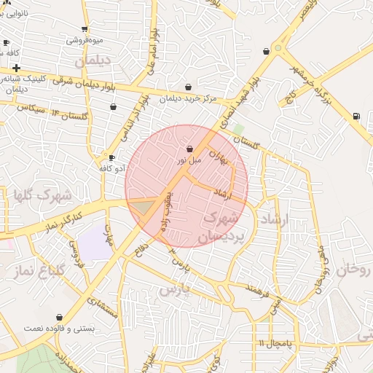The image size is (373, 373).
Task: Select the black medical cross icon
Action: point(16,68)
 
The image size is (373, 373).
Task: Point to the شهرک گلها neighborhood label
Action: point(42,195)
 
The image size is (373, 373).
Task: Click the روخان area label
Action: point(356,270)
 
